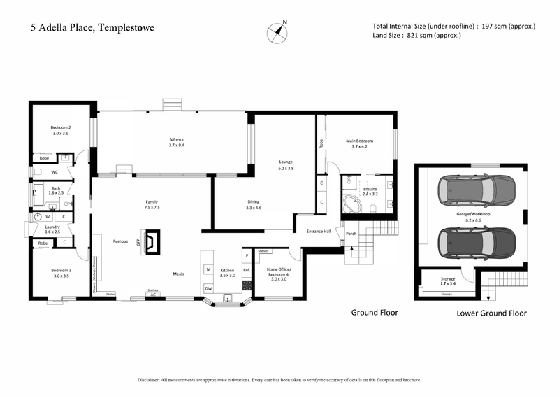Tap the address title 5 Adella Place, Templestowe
92,28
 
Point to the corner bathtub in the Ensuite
352,206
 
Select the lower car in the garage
475,241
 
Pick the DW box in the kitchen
208,288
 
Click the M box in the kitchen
208,269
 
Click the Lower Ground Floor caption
491,313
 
